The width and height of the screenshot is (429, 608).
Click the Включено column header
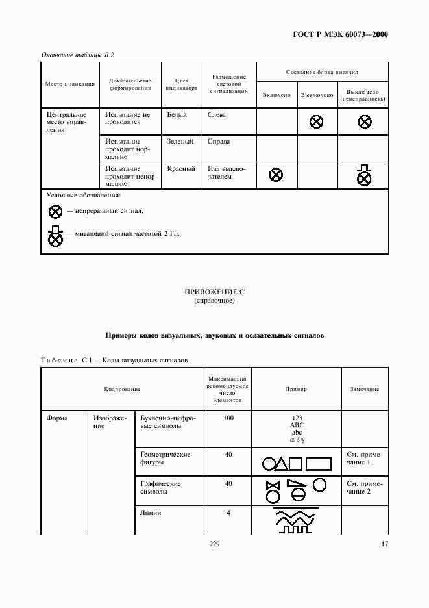pos(276,95)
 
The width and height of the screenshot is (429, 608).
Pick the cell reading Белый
pos(177,114)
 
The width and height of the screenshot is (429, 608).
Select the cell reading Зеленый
pos(180,141)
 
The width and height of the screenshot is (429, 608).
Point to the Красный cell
pos(181,168)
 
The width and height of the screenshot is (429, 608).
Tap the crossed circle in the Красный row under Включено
pos(276,174)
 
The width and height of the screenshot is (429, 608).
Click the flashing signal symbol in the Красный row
pos(365,175)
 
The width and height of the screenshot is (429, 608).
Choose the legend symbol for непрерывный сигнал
pos(56,211)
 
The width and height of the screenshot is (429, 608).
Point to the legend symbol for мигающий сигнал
pos(56,235)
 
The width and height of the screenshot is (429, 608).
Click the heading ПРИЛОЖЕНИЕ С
pos(214,293)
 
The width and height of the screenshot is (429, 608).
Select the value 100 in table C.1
pos(228,418)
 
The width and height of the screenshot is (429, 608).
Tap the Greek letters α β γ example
pos(297,440)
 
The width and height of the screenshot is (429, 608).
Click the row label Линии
pos(151,513)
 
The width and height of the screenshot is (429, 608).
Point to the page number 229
pos(214,544)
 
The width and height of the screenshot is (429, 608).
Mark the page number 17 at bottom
pos(384,544)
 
